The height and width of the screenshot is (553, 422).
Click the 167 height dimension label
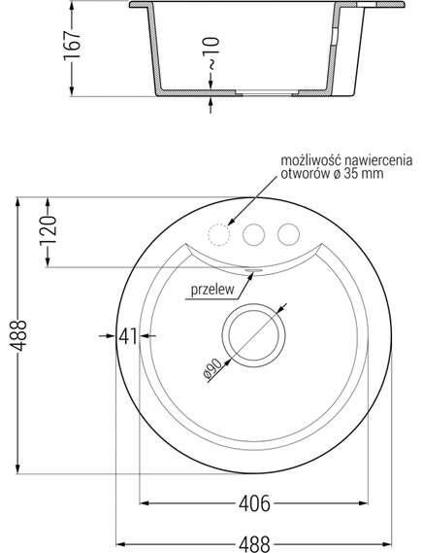pos(72,46)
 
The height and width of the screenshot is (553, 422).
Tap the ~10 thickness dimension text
pos(211,52)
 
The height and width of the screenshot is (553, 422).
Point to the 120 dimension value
pos(48,231)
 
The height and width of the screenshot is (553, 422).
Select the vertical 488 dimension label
pos(17,335)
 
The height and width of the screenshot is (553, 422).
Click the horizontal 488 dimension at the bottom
pos(254,544)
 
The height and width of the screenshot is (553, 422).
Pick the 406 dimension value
pos(254,503)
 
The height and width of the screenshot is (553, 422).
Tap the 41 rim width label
pos(128,336)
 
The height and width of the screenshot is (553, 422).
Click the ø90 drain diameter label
pos(212,369)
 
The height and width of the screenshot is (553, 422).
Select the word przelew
pos(212,290)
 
